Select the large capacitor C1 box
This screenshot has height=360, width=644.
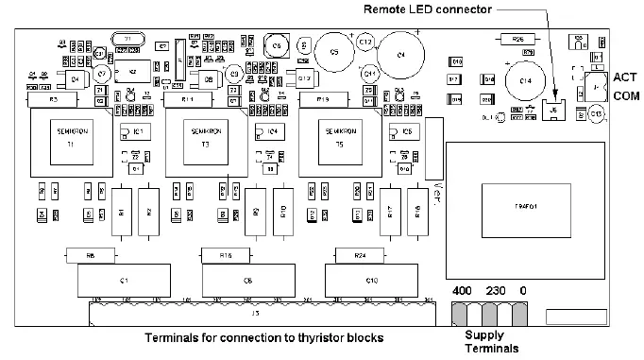(125, 281)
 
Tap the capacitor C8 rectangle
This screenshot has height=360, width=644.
(246, 281)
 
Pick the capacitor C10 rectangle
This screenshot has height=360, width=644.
(371, 281)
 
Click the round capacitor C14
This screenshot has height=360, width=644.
(524, 81)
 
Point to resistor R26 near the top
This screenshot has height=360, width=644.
(517, 39)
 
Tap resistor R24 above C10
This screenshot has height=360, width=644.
(358, 255)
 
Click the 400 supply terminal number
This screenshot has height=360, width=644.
(462, 291)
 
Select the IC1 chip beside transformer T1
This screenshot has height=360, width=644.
(137, 131)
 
